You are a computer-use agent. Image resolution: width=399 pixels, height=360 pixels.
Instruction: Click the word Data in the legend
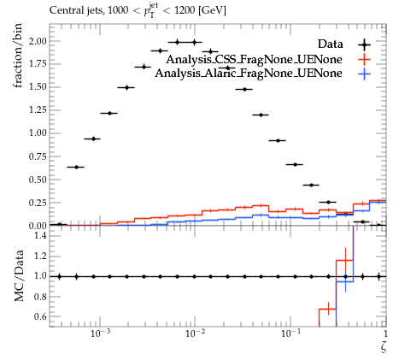pyautogui.click(x=330, y=44)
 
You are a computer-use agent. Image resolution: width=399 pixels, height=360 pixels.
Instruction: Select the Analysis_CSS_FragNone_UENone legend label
pyautogui.click(x=254, y=59)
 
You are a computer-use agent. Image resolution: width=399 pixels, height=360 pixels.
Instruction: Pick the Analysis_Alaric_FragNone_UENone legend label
pyautogui.click(x=249, y=74)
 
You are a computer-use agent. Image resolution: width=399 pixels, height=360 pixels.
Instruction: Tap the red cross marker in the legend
pyautogui.click(x=365, y=59)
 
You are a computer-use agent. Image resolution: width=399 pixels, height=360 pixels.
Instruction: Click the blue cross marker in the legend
pyautogui.click(x=365, y=74)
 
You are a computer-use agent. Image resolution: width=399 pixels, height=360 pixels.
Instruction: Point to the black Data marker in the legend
pyautogui.click(x=365, y=44)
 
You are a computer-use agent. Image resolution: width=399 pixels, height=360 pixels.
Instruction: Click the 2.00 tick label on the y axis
pyautogui.click(x=38, y=41)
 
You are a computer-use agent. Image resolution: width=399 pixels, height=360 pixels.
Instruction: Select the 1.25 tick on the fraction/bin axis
pyautogui.click(x=38, y=110)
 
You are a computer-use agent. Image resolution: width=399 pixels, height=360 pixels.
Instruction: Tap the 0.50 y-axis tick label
pyautogui.click(x=38, y=180)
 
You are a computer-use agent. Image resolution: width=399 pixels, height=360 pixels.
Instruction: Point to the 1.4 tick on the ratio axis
pyautogui.click(x=41, y=235)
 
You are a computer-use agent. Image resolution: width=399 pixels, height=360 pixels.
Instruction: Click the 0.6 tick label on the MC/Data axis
pyautogui.click(x=41, y=316)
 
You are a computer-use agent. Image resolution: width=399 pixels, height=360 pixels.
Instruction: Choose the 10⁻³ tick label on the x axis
pyautogui.click(x=100, y=333)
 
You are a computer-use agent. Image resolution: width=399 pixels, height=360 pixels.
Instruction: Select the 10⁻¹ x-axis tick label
pyautogui.click(x=290, y=333)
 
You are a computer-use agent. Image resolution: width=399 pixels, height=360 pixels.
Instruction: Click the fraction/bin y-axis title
pyautogui.click(x=18, y=56)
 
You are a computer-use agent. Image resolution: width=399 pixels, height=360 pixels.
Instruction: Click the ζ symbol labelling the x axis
pyautogui.click(x=384, y=347)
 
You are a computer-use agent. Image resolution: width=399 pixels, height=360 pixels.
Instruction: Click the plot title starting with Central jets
pyautogui.click(x=138, y=10)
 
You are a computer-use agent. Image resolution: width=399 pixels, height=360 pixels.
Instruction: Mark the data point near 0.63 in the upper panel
pyautogui.click(x=76, y=167)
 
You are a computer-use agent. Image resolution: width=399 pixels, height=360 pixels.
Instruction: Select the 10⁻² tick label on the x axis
pyautogui.click(x=195, y=333)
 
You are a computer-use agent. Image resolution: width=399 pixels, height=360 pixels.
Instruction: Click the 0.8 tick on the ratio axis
pyautogui.click(x=41, y=297)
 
